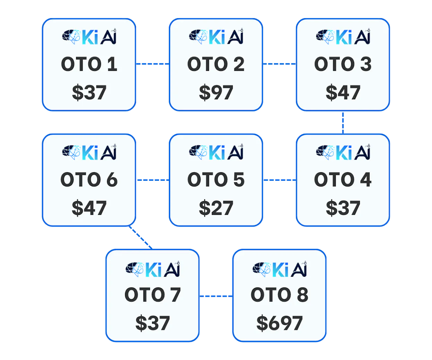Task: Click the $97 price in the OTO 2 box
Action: pos(216,92)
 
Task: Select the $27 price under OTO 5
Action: pos(216,208)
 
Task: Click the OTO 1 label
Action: pos(89,64)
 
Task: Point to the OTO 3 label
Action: pos(343,64)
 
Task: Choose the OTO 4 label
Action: pos(343,179)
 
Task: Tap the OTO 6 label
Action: pos(89,179)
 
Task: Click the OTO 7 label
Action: pos(153,295)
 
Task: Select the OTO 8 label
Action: pos(279,295)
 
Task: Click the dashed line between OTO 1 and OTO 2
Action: pos(152,64)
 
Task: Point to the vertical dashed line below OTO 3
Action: pos(343,123)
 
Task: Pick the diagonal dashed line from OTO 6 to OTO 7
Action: pos(141,237)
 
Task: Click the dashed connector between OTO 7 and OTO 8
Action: pos(216,296)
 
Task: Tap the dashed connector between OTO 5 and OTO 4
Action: pos(280,180)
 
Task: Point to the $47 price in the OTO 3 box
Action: pos(343,92)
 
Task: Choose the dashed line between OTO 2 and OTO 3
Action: pos(280,64)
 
